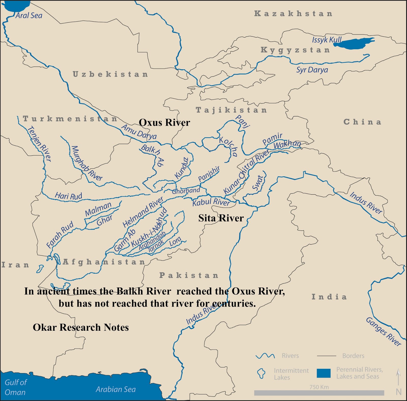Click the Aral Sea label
[29, 16]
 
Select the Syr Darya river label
[312, 70]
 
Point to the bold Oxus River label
[164, 123]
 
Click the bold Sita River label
[221, 218]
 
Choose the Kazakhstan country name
[293, 14]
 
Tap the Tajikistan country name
[231, 110]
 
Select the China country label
[362, 122]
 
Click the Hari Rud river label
[68, 196]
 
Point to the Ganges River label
[383, 331]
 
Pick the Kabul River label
[211, 202]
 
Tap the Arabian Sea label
[116, 389]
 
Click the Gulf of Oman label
[16, 387]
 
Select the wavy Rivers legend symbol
[265, 356]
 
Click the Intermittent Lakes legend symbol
[261, 373]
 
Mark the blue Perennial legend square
[324, 373]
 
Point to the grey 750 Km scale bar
[319, 393]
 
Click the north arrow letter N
[399, 392]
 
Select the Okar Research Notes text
[81, 327]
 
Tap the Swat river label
[257, 183]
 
